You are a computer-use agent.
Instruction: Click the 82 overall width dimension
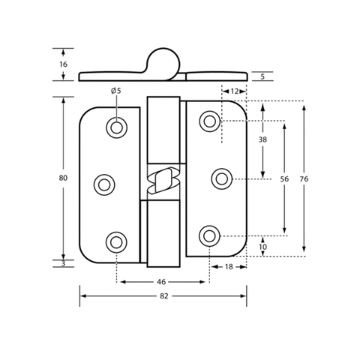pyautogui.click(x=164, y=296)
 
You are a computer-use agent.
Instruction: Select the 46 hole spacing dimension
pyautogui.click(x=161, y=282)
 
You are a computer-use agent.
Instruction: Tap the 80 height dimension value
pyautogui.click(x=63, y=178)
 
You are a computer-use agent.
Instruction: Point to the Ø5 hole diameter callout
pyautogui.click(x=116, y=91)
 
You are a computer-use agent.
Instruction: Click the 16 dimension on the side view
pyautogui.click(x=63, y=64)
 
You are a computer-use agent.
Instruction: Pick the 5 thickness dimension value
pyautogui.click(x=262, y=76)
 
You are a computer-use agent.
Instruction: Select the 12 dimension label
pyautogui.click(x=234, y=91)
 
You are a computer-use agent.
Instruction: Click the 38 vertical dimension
pyautogui.click(x=262, y=139)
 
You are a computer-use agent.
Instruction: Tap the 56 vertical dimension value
pyautogui.click(x=284, y=179)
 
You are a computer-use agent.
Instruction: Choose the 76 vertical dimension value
pyautogui.click(x=304, y=179)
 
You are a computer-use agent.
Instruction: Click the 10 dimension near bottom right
pyautogui.click(x=262, y=247)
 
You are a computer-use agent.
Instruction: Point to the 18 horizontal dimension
pyautogui.click(x=229, y=267)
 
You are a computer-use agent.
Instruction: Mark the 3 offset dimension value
pyautogui.click(x=63, y=263)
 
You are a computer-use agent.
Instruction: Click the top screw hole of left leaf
pyautogui.click(x=116, y=127)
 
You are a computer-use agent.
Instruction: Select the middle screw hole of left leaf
pyautogui.click(x=104, y=185)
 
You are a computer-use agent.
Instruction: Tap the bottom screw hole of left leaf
pyautogui.click(x=116, y=242)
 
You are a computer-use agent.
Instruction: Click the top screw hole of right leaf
pyautogui.click(x=210, y=121)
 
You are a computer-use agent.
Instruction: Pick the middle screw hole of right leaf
pyautogui.click(x=222, y=179)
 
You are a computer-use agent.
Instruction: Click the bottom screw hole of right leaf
pyautogui.click(x=209, y=236)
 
